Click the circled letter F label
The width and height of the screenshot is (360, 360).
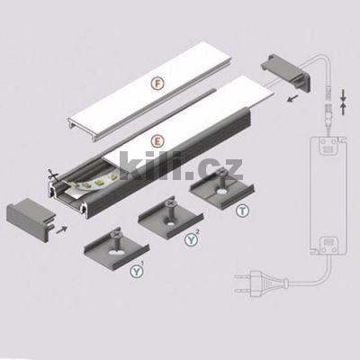(157, 82)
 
